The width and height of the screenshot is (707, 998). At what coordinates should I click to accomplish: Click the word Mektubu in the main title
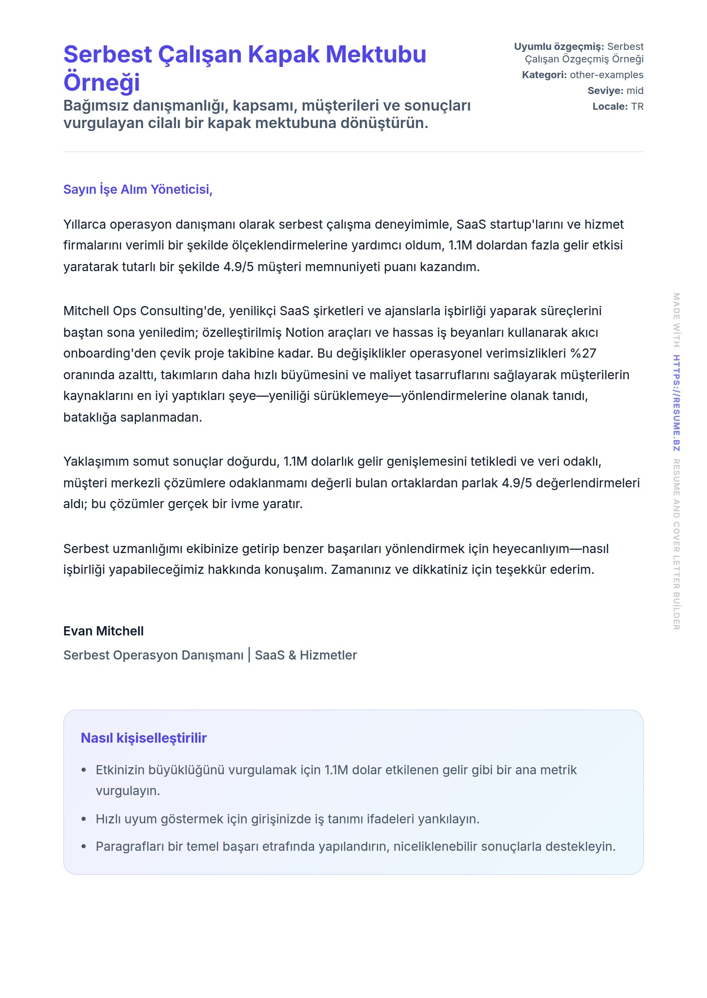[376, 54]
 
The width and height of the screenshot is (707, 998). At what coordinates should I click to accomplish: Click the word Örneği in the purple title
[101, 82]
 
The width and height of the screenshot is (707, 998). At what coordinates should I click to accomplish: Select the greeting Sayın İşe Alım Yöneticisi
[138, 189]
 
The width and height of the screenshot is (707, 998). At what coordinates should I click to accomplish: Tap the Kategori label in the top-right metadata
[544, 75]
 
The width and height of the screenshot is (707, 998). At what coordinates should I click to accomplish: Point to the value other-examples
[606, 75]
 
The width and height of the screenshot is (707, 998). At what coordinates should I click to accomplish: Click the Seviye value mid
[635, 91]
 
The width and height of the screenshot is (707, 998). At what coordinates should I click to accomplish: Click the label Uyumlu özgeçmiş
[559, 47]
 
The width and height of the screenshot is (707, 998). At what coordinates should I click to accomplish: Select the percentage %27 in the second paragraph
[583, 353]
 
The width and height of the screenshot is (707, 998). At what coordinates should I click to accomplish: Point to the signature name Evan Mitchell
[103, 631]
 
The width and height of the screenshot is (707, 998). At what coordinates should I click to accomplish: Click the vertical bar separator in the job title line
[249, 655]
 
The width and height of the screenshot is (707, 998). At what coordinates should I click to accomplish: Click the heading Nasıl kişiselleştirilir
[143, 738]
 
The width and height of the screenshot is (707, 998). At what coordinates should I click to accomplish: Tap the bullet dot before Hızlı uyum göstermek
[84, 819]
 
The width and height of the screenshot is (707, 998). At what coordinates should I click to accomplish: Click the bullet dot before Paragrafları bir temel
[84, 847]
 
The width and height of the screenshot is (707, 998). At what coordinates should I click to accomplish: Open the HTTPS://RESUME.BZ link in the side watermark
[676, 403]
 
